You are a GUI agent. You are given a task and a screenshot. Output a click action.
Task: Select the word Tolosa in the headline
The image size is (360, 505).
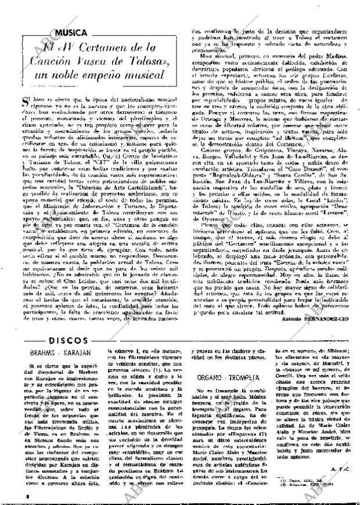tap(145, 62)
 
